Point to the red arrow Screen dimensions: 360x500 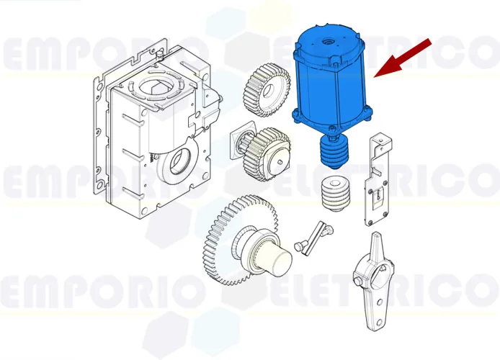(404, 57)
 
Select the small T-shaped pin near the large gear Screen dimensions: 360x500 (312, 237)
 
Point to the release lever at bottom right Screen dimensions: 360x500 (374, 284)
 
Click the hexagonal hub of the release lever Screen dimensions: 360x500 (377, 274)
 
